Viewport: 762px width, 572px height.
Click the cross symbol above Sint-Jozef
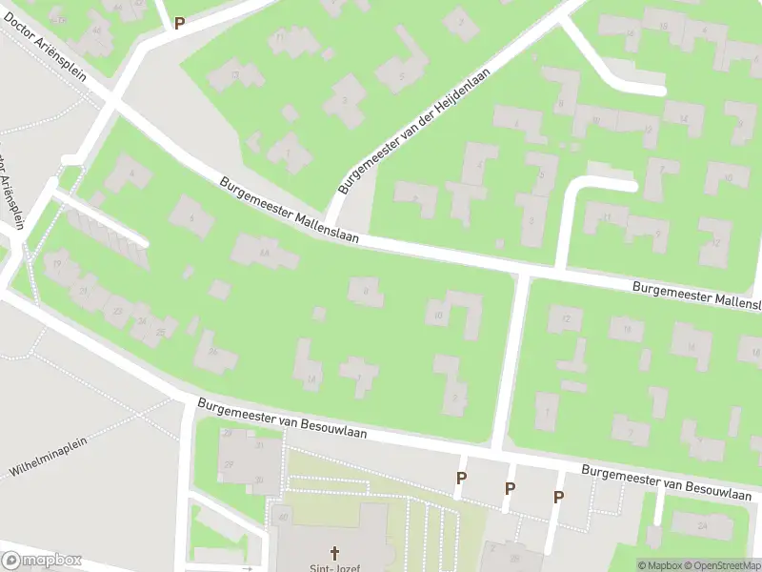tap(334, 552)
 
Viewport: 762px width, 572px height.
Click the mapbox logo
tap(42, 561)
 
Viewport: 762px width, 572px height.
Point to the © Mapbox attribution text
tap(661, 565)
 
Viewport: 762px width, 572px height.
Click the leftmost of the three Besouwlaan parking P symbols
tap(461, 479)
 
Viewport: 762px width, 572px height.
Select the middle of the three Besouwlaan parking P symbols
tap(510, 488)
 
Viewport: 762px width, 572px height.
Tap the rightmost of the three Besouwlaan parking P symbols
tap(558, 497)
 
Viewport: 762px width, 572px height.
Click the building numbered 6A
tap(264, 252)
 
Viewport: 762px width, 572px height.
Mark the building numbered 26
tap(214, 352)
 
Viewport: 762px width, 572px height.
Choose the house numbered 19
tap(58, 264)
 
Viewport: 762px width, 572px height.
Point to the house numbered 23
tap(118, 310)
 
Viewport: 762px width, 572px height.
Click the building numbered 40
tap(283, 518)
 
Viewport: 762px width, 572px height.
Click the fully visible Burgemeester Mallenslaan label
tap(289, 210)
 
